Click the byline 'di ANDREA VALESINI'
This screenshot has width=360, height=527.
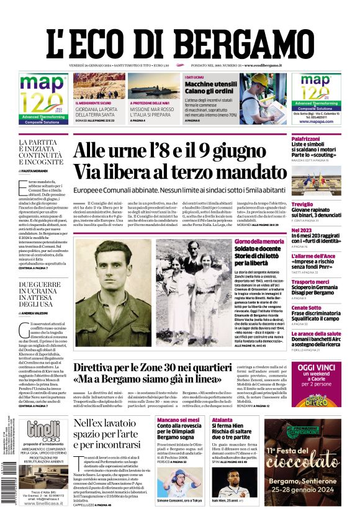(38, 313)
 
